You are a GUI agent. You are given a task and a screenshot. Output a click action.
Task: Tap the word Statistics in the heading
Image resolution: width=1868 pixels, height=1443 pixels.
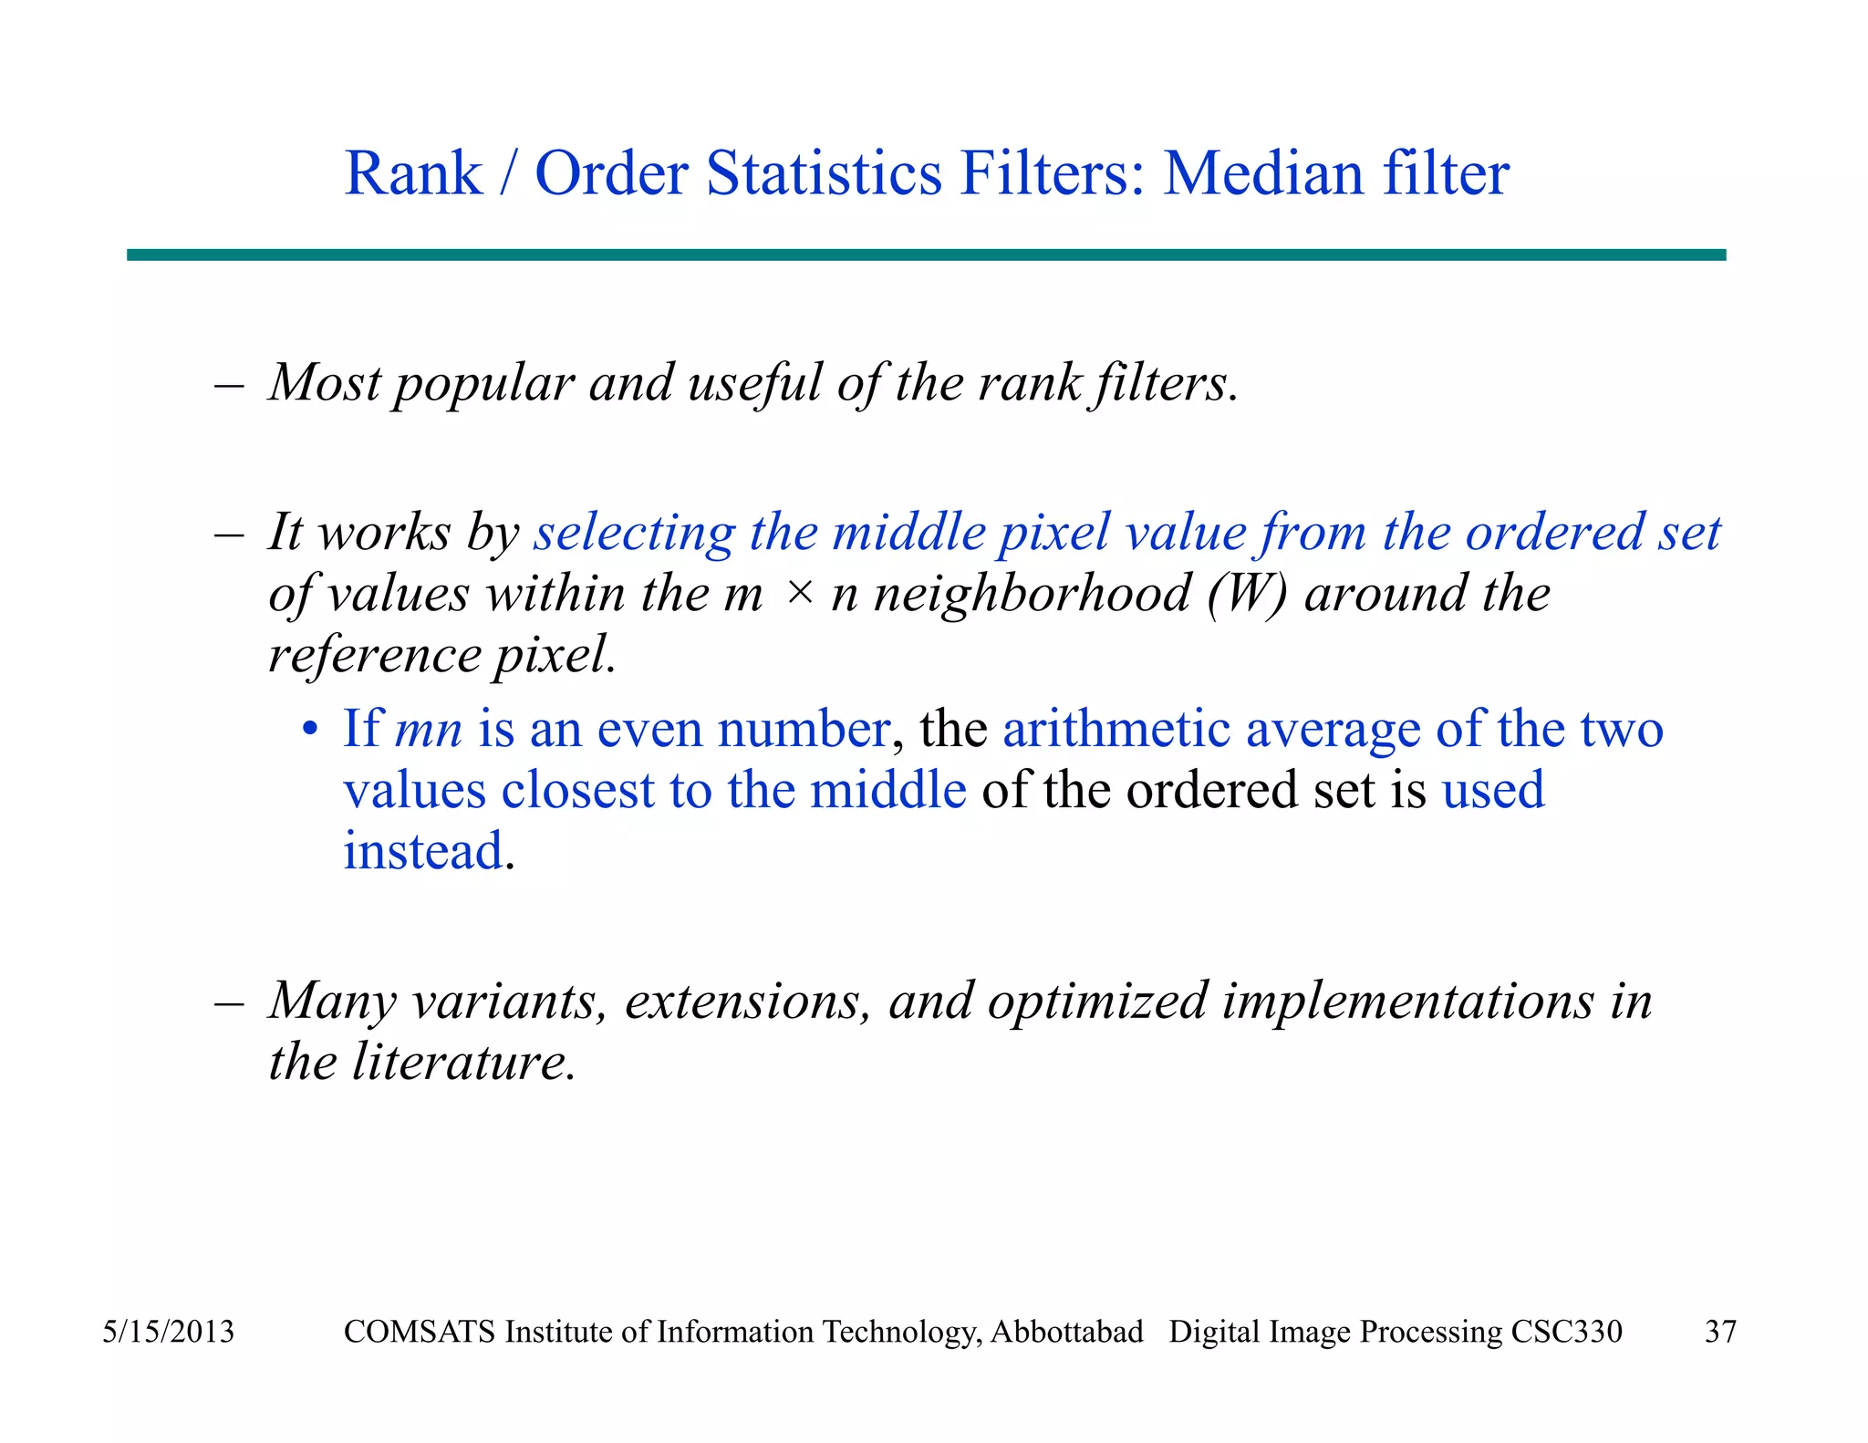tap(824, 173)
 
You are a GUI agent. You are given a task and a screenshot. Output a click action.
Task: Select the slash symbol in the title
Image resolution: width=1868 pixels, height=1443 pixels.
tap(507, 173)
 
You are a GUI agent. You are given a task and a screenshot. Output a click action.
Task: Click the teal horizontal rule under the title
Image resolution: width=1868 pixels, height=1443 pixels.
tap(926, 254)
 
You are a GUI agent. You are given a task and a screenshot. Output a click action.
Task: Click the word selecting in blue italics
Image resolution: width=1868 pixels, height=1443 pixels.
tap(634, 533)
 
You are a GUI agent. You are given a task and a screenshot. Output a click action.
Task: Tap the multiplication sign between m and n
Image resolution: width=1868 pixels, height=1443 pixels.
tap(799, 593)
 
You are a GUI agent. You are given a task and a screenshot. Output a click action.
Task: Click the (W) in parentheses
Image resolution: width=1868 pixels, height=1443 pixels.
tap(1247, 595)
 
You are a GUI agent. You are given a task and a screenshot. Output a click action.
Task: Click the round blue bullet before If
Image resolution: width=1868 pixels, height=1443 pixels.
tap(311, 731)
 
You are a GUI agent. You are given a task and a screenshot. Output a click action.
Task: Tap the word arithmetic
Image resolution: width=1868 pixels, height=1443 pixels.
tap(1116, 730)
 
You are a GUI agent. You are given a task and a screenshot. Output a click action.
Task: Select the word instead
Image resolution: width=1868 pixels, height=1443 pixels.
tap(423, 851)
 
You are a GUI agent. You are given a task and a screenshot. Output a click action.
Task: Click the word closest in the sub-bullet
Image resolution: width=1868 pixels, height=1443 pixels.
tap(577, 790)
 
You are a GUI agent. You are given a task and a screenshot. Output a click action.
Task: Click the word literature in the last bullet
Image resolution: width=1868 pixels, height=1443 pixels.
tap(463, 1063)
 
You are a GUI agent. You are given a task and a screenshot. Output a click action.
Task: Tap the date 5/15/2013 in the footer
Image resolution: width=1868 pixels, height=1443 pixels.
tap(168, 1332)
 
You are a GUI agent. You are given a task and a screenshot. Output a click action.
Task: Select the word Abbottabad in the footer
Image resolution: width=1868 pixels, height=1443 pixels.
tap(1066, 1332)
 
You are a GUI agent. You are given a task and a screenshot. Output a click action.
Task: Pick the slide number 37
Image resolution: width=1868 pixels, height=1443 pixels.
tap(1720, 1332)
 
